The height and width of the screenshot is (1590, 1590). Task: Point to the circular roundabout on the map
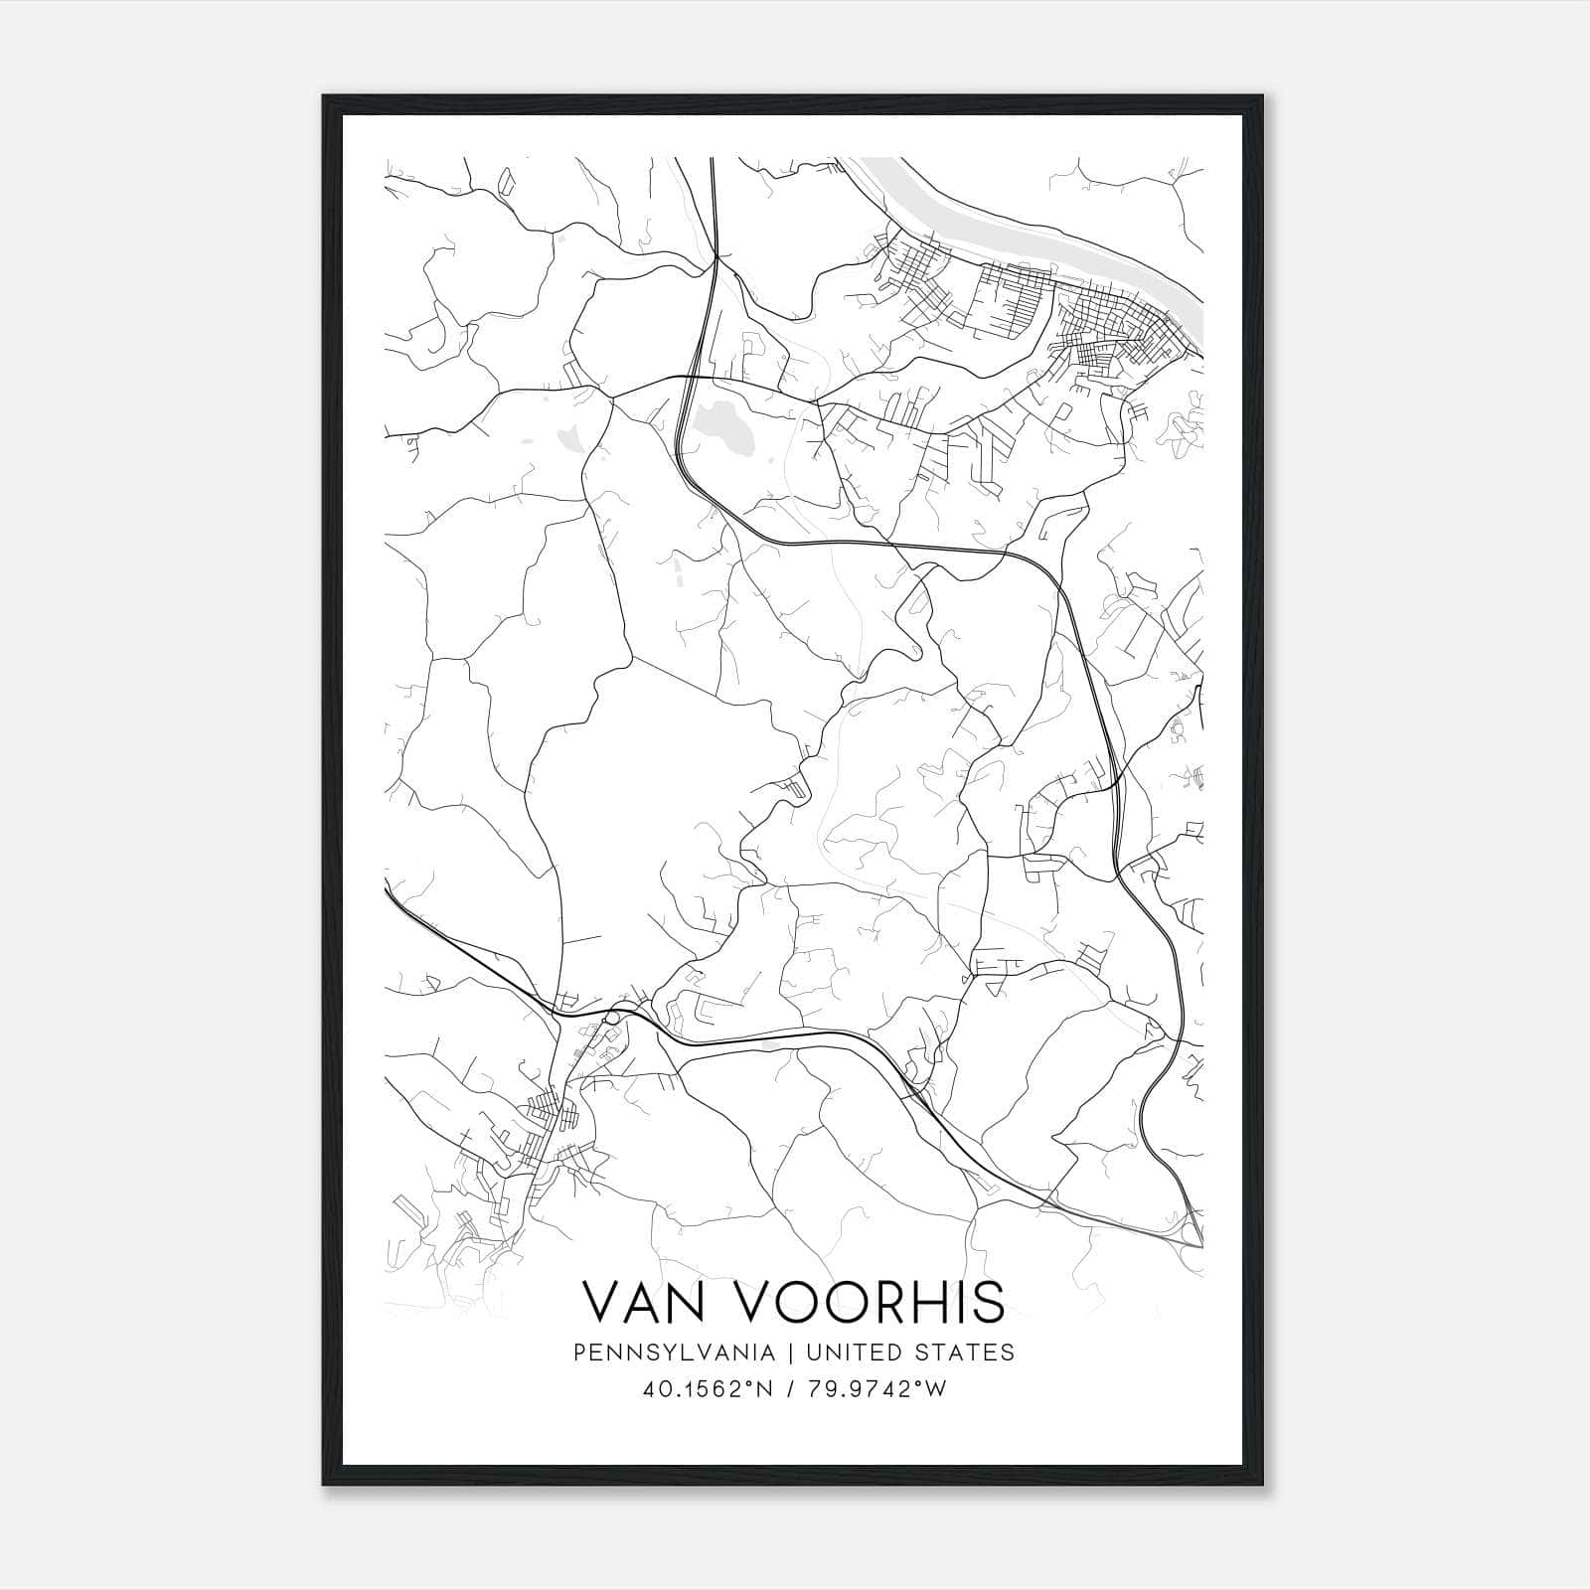612,1019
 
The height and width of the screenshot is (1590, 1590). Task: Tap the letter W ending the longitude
936,1390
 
